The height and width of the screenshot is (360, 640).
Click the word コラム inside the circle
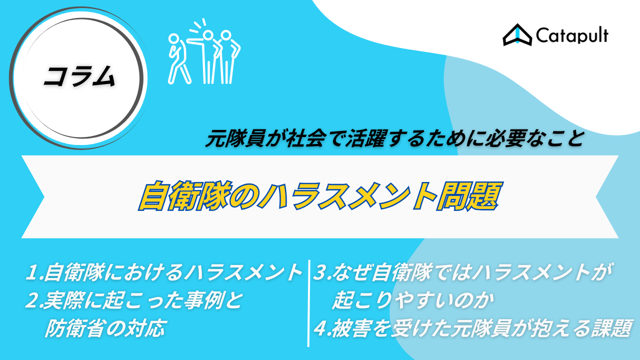[79, 76]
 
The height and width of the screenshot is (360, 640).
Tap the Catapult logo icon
[517, 35]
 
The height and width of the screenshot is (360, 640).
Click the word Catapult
[572, 36]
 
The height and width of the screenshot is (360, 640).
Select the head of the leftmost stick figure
[173, 38]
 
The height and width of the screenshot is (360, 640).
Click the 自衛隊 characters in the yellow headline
[185, 195]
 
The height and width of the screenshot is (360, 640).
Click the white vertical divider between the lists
[308, 303]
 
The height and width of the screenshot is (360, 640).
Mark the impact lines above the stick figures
[197, 25]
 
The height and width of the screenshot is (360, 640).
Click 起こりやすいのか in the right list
[413, 300]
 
